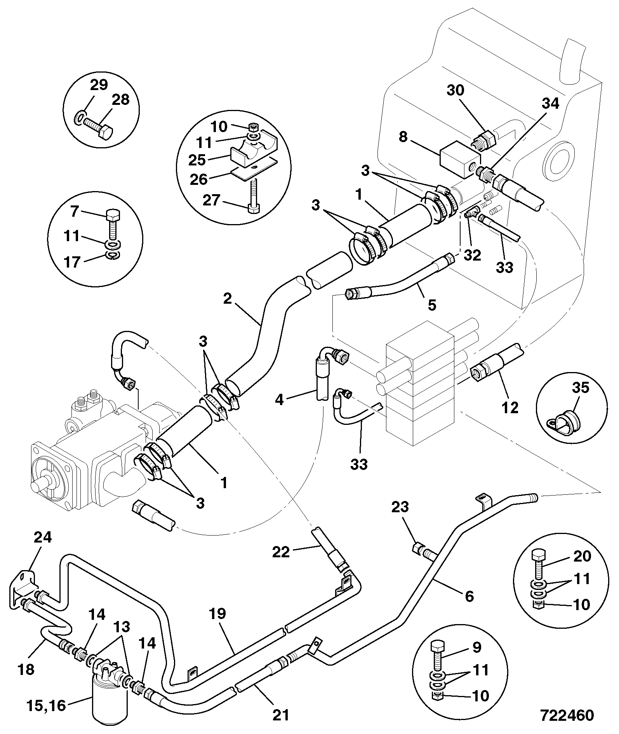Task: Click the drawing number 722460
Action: (x=567, y=715)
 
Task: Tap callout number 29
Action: (x=99, y=85)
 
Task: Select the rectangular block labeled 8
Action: (x=460, y=160)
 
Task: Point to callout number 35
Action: (x=581, y=387)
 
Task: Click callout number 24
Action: (x=43, y=537)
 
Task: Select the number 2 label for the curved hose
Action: (x=227, y=299)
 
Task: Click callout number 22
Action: (x=281, y=552)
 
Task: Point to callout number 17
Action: (x=72, y=262)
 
